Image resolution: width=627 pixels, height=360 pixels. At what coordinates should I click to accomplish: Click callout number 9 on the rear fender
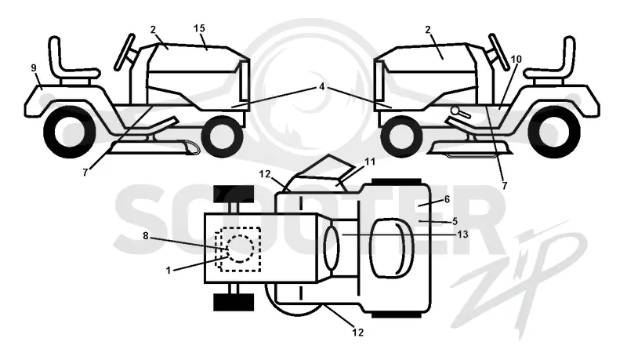pyautogui.click(x=34, y=68)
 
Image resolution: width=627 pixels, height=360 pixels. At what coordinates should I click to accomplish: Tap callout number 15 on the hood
pyautogui.click(x=199, y=28)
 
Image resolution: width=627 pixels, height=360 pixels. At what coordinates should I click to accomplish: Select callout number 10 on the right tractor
pyautogui.click(x=516, y=59)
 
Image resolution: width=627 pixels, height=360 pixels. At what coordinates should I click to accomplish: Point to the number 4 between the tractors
pyautogui.click(x=322, y=86)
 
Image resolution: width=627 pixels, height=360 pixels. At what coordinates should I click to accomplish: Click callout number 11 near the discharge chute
pyautogui.click(x=370, y=162)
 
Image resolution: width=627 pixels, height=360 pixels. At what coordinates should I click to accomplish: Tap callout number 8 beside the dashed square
pyautogui.click(x=146, y=236)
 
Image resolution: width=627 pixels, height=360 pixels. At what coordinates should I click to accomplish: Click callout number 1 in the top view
pyautogui.click(x=169, y=271)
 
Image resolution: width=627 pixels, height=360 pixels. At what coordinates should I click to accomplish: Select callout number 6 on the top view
pyautogui.click(x=447, y=199)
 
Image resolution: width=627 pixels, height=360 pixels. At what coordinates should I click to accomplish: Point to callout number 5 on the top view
pyautogui.click(x=455, y=221)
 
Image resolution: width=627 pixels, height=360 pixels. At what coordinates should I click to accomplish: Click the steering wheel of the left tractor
pyautogui.click(x=125, y=52)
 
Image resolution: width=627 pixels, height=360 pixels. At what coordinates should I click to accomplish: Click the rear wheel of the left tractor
pyautogui.click(x=69, y=133)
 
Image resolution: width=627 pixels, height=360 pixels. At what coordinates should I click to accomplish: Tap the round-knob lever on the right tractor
pyautogui.click(x=461, y=112)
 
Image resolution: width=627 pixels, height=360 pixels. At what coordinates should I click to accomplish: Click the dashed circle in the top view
pyautogui.click(x=240, y=249)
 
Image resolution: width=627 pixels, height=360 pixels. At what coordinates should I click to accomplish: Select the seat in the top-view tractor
pyautogui.click(x=392, y=248)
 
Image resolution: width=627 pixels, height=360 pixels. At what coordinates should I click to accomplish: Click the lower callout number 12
pyautogui.click(x=358, y=332)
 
